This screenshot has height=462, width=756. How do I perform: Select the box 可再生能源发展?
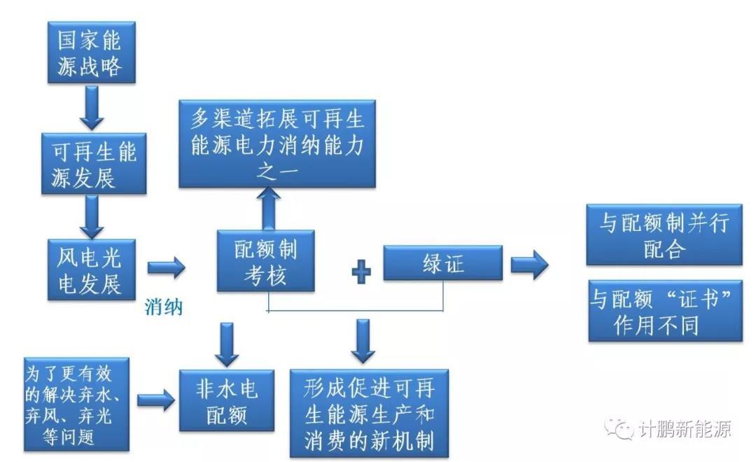[x=94, y=163]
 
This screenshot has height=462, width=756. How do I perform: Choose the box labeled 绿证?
[x=442, y=263]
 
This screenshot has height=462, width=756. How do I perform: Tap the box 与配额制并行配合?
[x=664, y=236]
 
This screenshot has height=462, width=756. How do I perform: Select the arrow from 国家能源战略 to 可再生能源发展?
[x=92, y=106]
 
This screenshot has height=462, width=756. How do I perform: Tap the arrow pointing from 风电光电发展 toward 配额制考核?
[x=166, y=267]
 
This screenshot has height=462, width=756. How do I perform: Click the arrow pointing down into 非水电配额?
[x=225, y=343]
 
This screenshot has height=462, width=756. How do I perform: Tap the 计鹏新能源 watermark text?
[x=684, y=428]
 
